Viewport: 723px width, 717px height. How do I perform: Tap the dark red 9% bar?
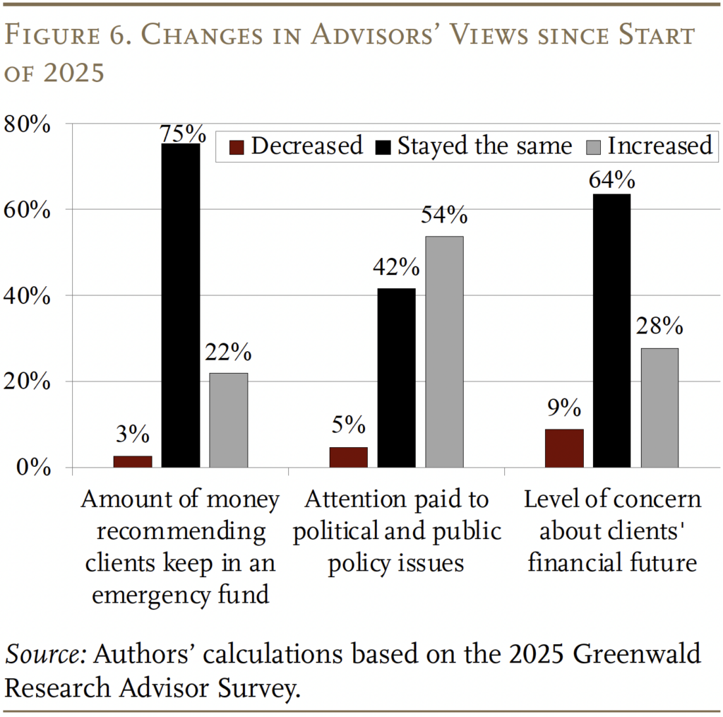click(x=564, y=449)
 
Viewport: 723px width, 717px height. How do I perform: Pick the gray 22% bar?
click(x=229, y=420)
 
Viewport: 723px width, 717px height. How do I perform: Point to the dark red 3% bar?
click(x=133, y=461)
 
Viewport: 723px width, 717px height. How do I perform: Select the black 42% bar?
click(x=396, y=378)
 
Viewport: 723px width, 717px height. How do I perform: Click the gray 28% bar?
click(x=659, y=408)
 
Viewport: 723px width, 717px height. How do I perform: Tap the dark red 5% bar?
click(x=348, y=457)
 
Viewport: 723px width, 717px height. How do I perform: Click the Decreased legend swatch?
click(x=237, y=147)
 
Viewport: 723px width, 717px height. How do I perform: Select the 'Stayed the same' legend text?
click(x=484, y=146)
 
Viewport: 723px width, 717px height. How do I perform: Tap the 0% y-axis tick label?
click(x=34, y=468)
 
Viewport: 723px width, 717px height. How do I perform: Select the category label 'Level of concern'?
click(x=612, y=499)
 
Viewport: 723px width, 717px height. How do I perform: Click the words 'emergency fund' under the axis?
click(x=181, y=595)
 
